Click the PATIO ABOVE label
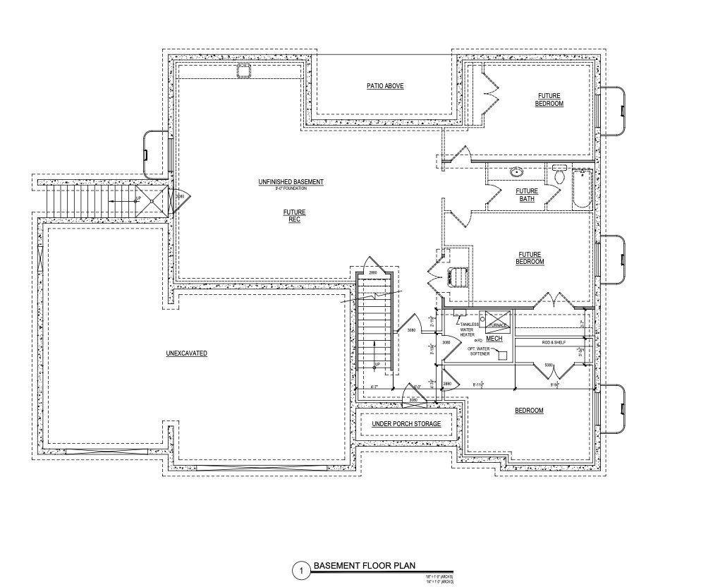click(x=384, y=86)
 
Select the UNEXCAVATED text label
click(x=186, y=353)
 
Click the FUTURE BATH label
click(x=527, y=195)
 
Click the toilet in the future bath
click(x=559, y=174)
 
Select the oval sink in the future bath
click(x=516, y=171)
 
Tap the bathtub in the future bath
click(x=582, y=189)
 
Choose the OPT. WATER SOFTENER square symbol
click(x=502, y=355)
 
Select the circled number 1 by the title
click(x=301, y=570)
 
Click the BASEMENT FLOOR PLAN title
click(x=364, y=565)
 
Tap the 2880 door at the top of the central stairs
click(x=373, y=272)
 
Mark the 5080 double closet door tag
click(x=548, y=365)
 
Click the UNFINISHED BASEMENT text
click(x=291, y=182)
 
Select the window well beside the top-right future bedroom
click(x=612, y=111)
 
